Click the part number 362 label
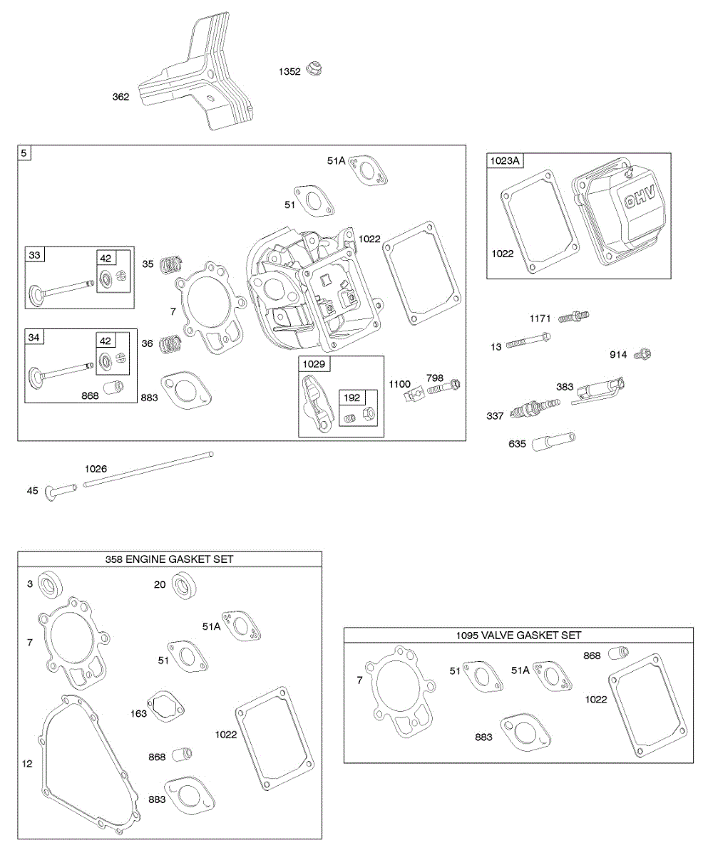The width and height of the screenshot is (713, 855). click(x=120, y=97)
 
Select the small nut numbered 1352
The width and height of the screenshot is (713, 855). click(x=313, y=70)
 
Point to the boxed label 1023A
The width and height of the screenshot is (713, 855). click(x=506, y=161)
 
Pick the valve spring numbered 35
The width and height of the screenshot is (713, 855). click(x=170, y=264)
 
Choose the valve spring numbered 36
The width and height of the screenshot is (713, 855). click(x=170, y=343)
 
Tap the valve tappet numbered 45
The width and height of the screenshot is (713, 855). click(x=60, y=491)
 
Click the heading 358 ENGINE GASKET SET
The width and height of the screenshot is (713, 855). click(x=170, y=559)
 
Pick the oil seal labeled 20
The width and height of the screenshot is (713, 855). click(x=184, y=586)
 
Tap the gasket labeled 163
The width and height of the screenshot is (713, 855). click(x=165, y=709)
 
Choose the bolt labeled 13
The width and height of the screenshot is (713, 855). click(x=528, y=343)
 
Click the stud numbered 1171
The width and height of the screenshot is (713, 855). click(x=574, y=316)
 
